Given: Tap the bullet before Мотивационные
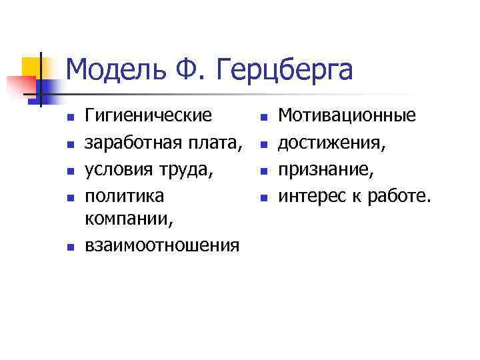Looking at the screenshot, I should (263, 118).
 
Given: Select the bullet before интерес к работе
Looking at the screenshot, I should (263, 198).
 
